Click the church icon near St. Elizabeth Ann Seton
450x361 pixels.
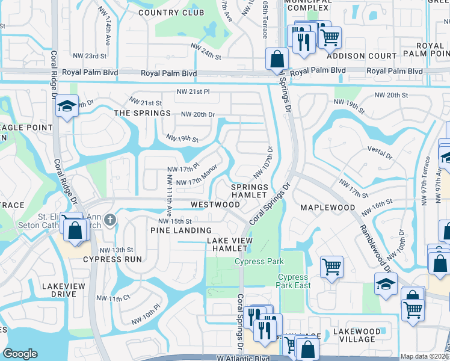(x=109, y=220)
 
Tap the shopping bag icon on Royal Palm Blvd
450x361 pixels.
(x=277, y=60)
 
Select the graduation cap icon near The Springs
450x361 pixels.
(x=66, y=108)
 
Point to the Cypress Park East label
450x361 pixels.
(x=294, y=281)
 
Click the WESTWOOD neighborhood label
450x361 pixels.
(x=215, y=205)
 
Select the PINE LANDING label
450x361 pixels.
(x=180, y=230)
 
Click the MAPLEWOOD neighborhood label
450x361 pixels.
(x=333, y=208)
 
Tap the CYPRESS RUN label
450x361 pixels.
(x=112, y=259)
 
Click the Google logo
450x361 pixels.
(x=20, y=354)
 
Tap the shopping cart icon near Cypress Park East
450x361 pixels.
(x=332, y=267)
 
